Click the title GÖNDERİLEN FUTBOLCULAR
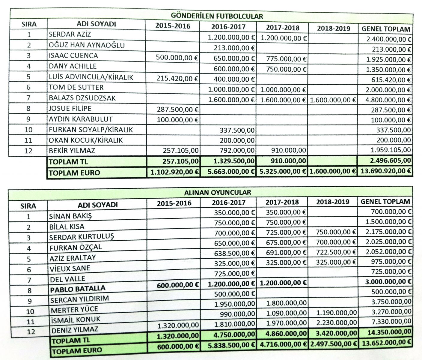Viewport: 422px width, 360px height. [x=217, y=16]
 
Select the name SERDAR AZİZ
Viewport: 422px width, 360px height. [x=70, y=34]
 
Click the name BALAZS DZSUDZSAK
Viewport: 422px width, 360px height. [x=82, y=98]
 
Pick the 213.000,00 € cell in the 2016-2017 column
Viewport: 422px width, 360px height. [x=234, y=48]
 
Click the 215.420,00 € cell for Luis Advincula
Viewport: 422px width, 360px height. [x=177, y=79]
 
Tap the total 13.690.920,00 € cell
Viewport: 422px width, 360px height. [x=385, y=171]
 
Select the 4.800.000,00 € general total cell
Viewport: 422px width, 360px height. [x=388, y=100]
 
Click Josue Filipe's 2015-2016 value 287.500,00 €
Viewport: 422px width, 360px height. [x=177, y=109]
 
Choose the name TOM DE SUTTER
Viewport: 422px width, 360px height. [x=76, y=88]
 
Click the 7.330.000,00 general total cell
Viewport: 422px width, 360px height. [x=391, y=321]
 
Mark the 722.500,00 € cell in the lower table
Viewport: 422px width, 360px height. [x=336, y=252]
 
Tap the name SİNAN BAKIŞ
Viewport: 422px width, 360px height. [x=70, y=216]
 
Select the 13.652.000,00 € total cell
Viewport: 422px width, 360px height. [x=386, y=342]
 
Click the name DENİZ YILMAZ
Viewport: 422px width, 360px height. [x=75, y=330]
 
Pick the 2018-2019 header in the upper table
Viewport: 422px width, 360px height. [x=334, y=28]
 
